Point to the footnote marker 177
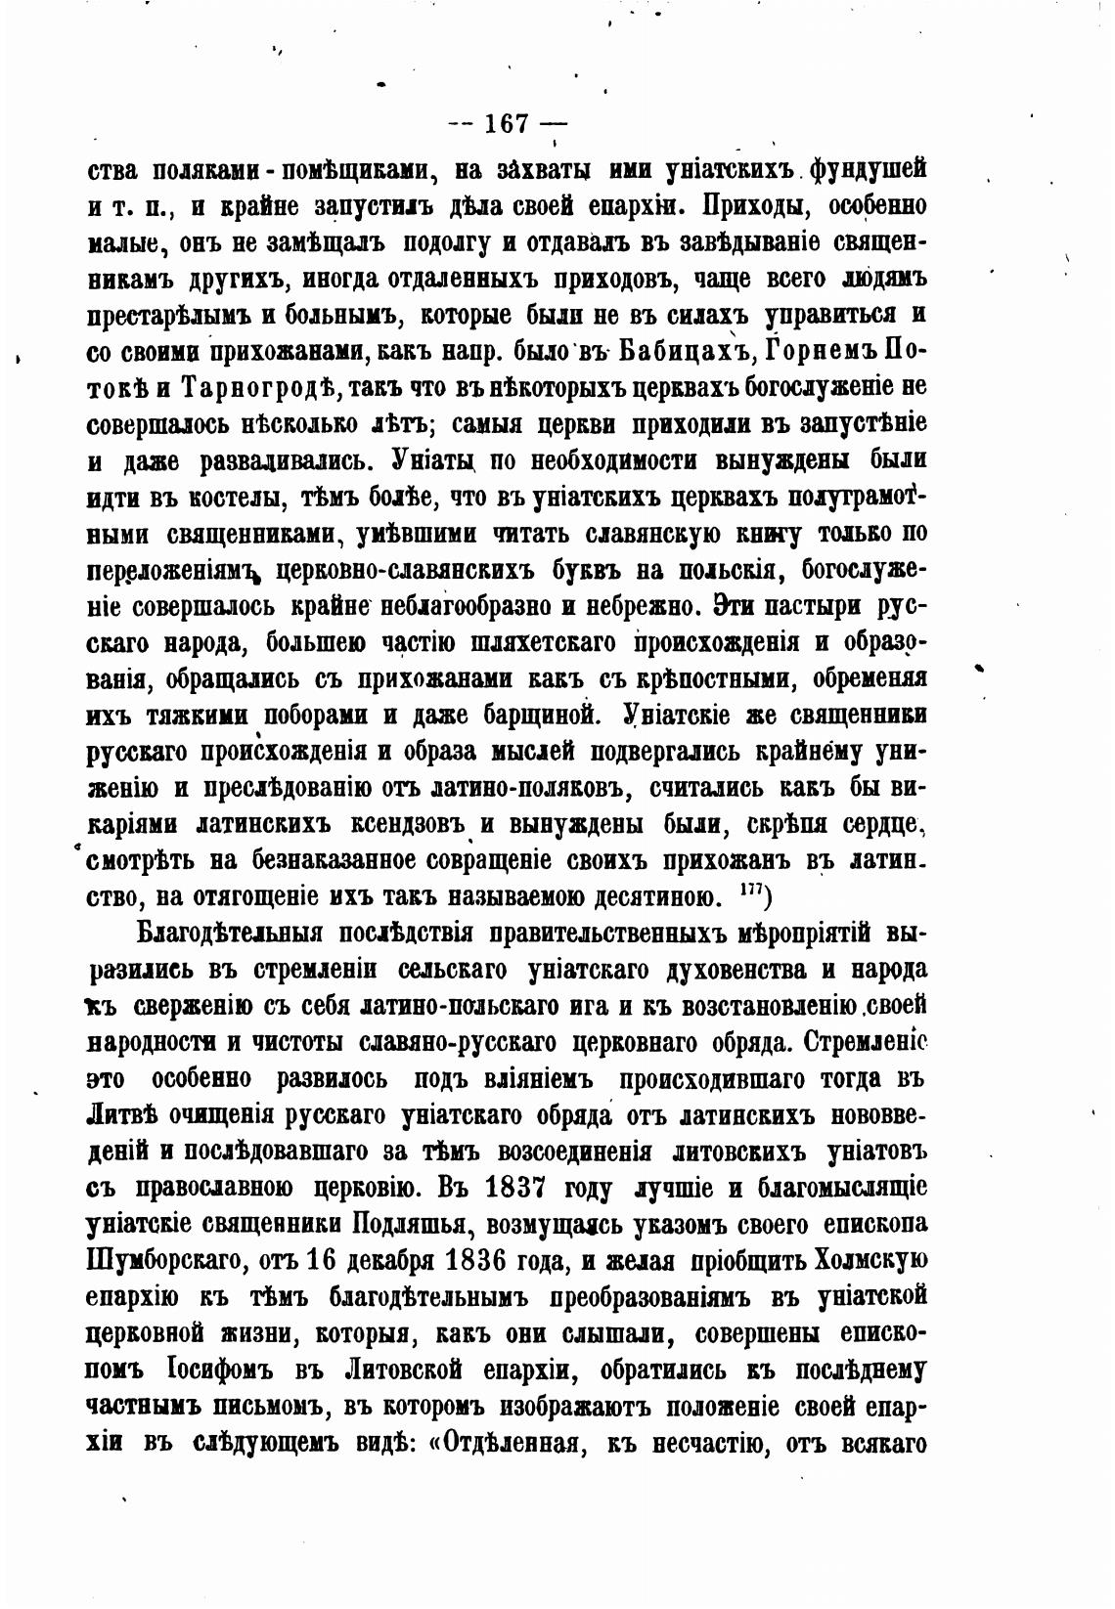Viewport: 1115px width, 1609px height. pos(753,892)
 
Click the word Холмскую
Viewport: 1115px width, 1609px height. pos(849,1259)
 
